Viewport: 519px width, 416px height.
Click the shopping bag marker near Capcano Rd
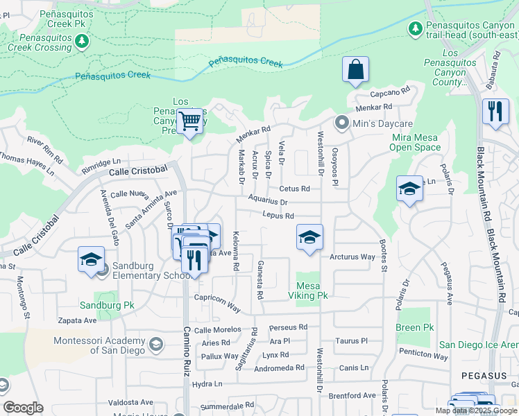355,70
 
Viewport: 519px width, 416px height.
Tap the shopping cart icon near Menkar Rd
189,122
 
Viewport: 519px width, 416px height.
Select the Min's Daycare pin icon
341,123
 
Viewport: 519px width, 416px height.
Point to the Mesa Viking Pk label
312,291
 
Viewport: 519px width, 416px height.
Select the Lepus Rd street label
279,216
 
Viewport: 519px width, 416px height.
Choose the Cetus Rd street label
293,189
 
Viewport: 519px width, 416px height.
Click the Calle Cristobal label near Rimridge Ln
138,171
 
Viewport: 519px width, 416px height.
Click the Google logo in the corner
23,408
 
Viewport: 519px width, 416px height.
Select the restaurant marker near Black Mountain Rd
495,112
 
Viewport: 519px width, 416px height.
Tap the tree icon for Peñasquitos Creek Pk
82,42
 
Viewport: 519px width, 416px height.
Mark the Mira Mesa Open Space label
416,142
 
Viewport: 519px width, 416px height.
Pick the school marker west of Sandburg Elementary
91,260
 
